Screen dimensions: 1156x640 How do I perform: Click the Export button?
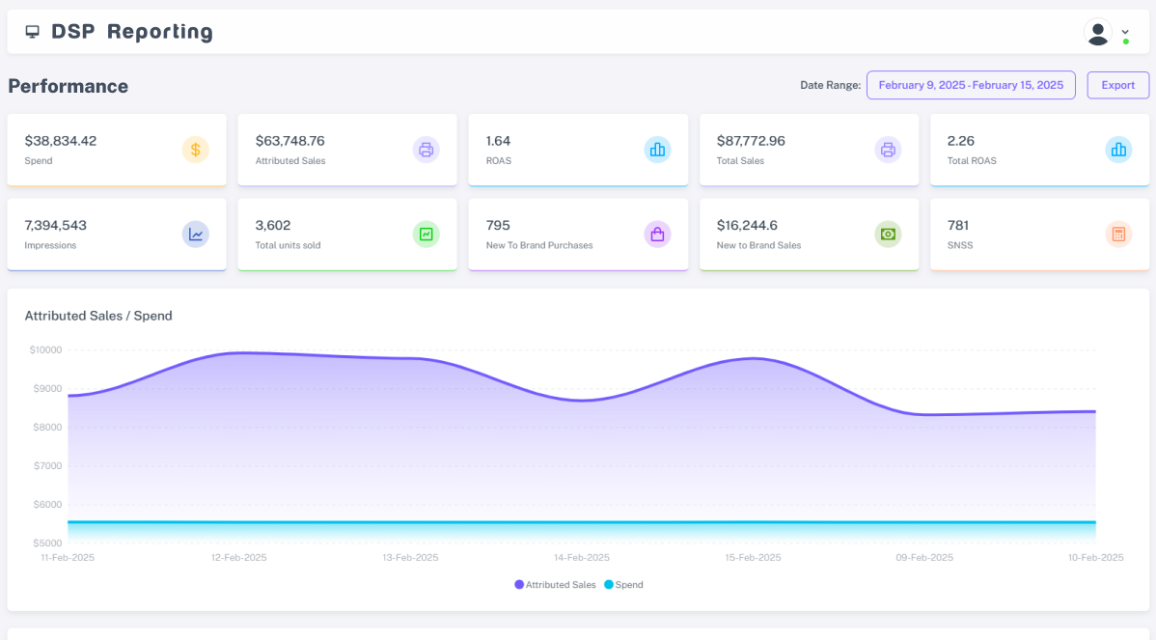click(x=1117, y=86)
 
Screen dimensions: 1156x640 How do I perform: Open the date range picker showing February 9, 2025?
click(x=971, y=86)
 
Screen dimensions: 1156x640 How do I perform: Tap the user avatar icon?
click(x=1098, y=33)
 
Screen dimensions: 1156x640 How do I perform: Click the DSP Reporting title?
click(x=132, y=32)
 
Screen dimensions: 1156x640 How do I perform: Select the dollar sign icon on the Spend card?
click(x=195, y=150)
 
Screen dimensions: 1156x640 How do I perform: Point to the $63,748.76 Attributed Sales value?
click(x=289, y=141)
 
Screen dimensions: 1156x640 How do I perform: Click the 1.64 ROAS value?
click(x=498, y=141)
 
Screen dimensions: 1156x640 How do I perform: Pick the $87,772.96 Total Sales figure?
click(x=751, y=141)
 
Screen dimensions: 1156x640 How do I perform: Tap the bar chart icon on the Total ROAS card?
click(x=1118, y=150)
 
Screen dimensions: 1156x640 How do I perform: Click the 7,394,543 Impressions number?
click(x=55, y=226)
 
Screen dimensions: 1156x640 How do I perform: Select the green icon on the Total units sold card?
click(x=427, y=235)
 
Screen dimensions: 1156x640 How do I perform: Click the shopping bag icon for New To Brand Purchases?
click(x=657, y=235)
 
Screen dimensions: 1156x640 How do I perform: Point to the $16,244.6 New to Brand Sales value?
click(x=747, y=226)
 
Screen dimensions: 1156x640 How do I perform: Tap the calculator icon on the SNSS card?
click(x=1118, y=235)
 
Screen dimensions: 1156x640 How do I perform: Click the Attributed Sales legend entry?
click(x=555, y=585)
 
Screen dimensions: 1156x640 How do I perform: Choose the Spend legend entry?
click(x=623, y=585)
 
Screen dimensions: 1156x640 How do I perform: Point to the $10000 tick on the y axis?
click(x=45, y=350)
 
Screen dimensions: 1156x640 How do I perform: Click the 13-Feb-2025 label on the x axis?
click(x=410, y=557)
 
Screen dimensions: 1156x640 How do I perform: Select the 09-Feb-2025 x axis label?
click(x=924, y=557)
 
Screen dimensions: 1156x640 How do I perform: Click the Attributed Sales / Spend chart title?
click(x=98, y=316)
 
